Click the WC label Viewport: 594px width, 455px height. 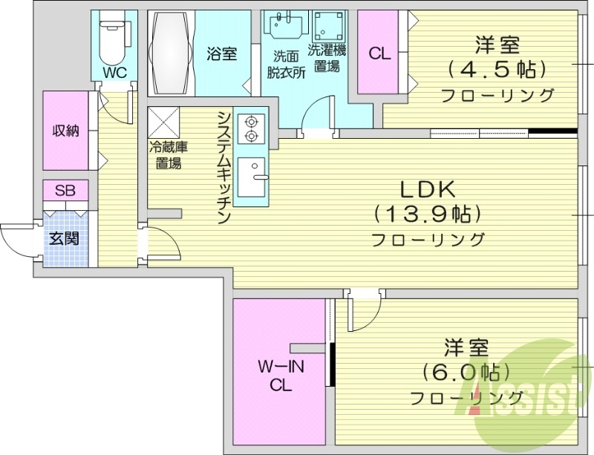[x=115, y=72]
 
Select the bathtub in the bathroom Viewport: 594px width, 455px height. [x=172, y=53]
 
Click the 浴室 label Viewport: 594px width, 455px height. [x=222, y=53]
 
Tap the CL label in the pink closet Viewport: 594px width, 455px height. [x=379, y=53]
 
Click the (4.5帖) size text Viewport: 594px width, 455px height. [x=497, y=70]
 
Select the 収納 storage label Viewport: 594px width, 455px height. [x=65, y=131]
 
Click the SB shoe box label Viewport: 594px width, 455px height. [x=65, y=191]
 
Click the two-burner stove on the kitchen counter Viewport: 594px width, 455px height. [x=250, y=128]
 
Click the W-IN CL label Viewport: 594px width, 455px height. [x=279, y=375]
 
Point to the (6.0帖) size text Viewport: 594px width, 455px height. [x=466, y=371]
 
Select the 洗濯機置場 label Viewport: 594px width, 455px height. [x=327, y=59]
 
